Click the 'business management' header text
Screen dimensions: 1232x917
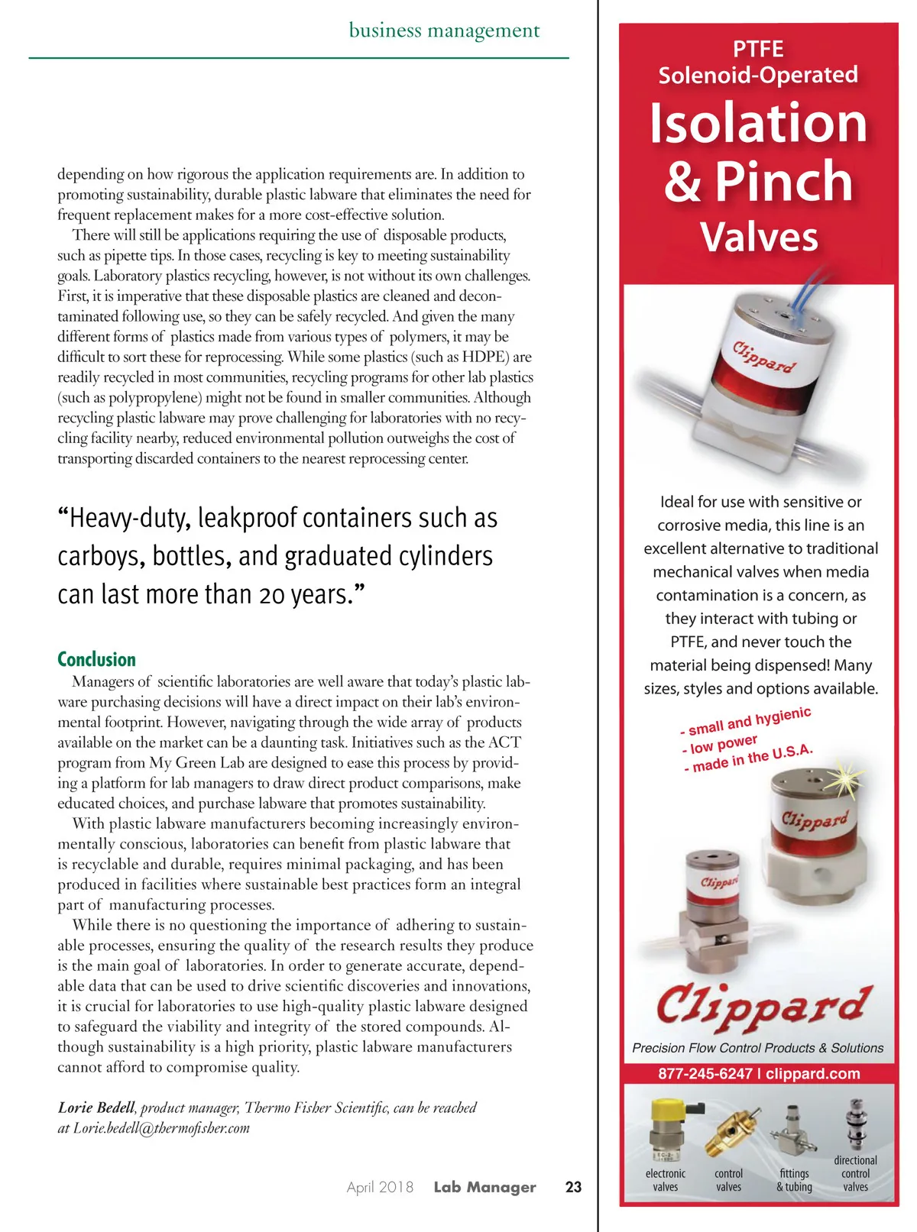tap(444, 31)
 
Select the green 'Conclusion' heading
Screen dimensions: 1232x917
tap(96, 659)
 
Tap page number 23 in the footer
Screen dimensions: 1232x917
tap(573, 1187)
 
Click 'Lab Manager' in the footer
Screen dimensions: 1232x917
tap(484, 1187)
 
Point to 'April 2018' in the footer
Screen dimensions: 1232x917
tap(380, 1187)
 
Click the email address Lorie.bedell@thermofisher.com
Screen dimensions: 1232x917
tap(161, 1128)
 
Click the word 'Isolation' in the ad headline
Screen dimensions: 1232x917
tap(758, 123)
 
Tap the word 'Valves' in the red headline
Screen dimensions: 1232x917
tap(759, 237)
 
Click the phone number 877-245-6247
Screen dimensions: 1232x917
tap(705, 1073)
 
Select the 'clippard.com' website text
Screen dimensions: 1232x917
tap(813, 1073)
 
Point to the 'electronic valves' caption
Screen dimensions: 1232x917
tap(666, 1180)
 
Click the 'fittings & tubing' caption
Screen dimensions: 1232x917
tap(794, 1180)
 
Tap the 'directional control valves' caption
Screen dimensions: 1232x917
tap(855, 1173)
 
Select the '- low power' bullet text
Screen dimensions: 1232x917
tap(720, 743)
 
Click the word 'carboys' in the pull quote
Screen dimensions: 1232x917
tap(98, 556)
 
